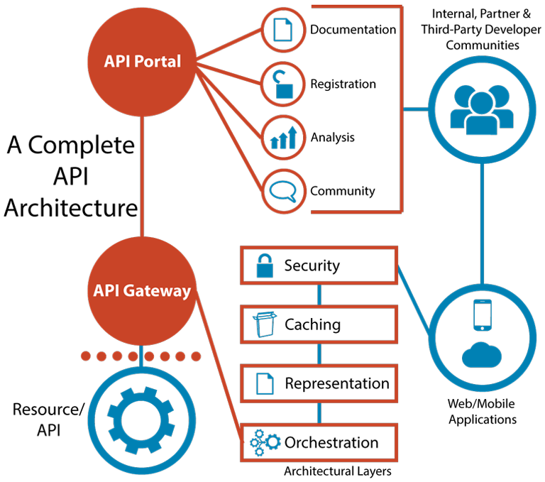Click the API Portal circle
(x=143, y=62)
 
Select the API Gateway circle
(x=142, y=290)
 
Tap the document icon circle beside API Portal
(x=284, y=30)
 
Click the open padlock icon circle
(x=284, y=83)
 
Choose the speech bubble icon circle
(x=284, y=190)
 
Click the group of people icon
(x=481, y=110)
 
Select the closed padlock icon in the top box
(x=265, y=266)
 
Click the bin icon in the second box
(x=263, y=325)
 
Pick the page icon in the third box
(x=265, y=384)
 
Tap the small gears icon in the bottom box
(x=264, y=443)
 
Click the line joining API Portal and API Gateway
(x=143, y=177)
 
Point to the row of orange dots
(x=142, y=356)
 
